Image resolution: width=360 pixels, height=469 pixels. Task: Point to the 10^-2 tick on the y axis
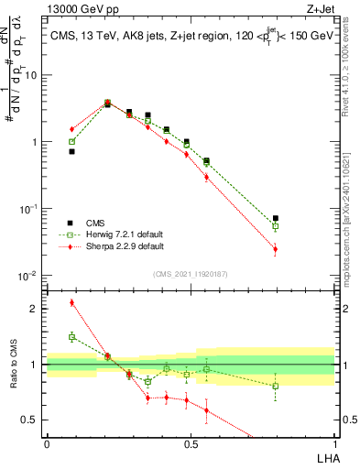tap(30, 276)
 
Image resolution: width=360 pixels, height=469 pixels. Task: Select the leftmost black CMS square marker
tap(71, 152)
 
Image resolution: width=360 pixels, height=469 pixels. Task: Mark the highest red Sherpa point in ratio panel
tap(71, 302)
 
